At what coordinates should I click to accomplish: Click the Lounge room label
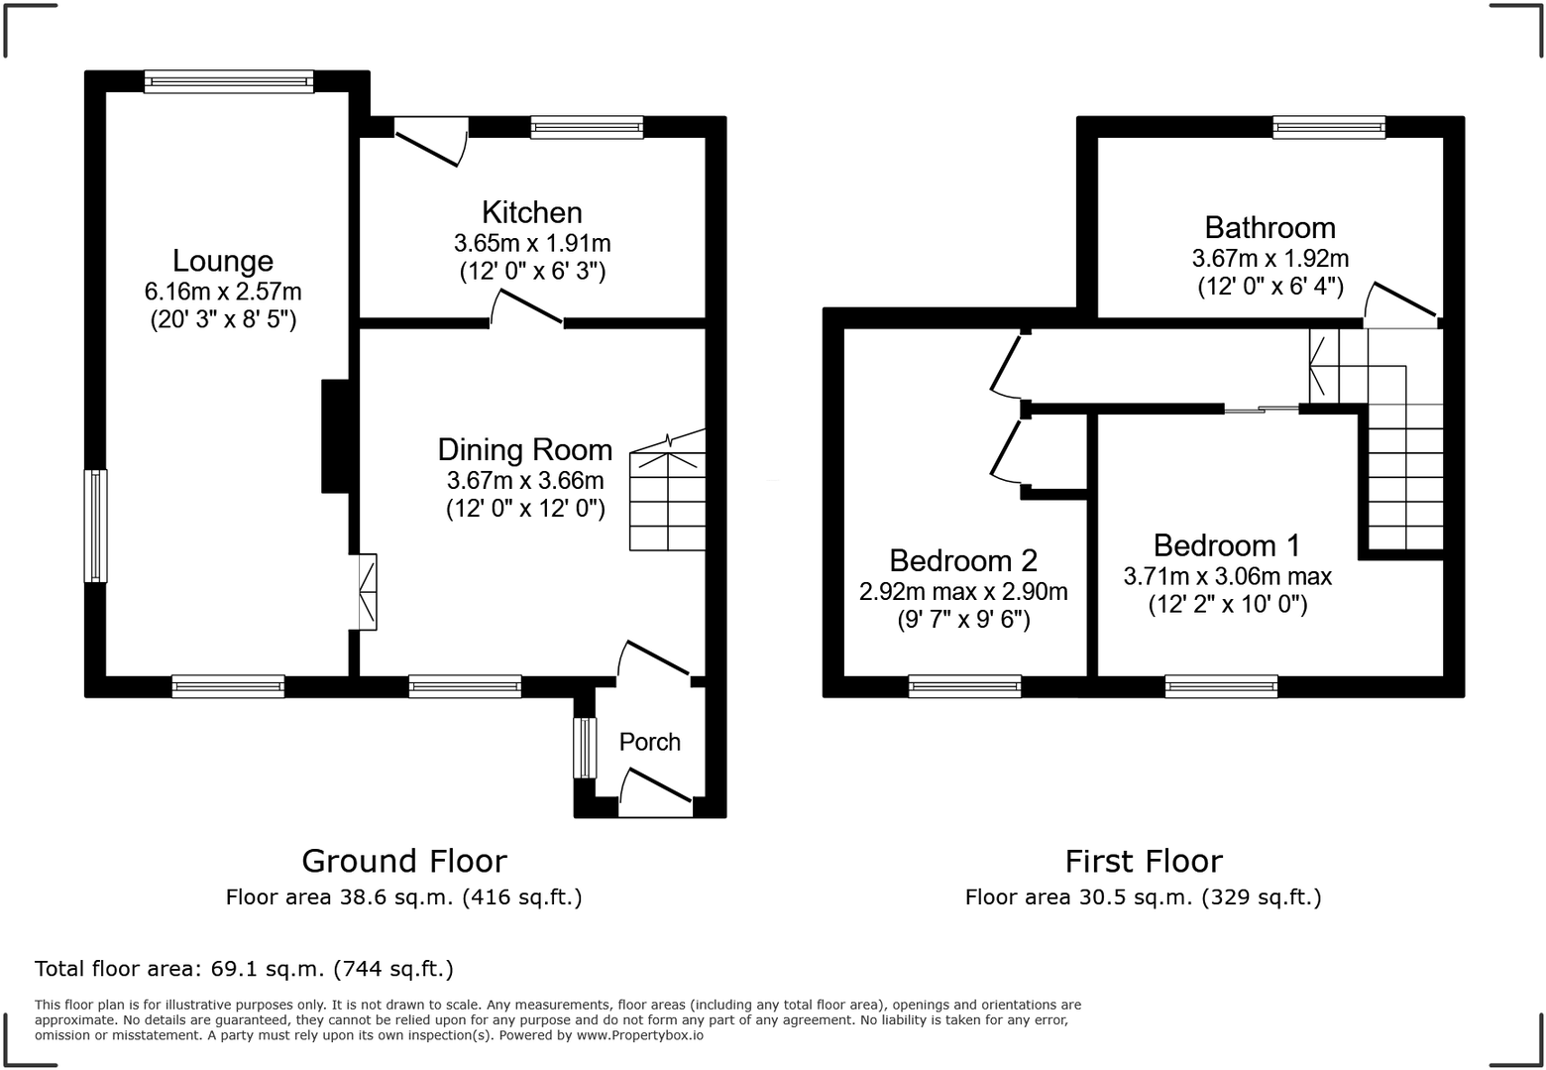point(223,261)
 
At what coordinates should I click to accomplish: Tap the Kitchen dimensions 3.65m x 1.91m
point(532,243)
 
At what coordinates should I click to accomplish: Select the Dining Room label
point(525,449)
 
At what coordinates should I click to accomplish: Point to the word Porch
point(649,742)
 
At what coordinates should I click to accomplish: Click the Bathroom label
point(1270,227)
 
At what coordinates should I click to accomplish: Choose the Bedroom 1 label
point(1227,545)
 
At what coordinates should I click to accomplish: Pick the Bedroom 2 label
point(963,560)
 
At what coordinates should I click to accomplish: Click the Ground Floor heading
point(404,861)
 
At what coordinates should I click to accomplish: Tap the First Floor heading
point(1144,862)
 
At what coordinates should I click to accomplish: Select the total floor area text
point(245,969)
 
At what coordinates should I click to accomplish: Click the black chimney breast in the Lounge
point(335,436)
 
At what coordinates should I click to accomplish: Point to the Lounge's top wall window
point(229,81)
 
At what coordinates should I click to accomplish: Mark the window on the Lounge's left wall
point(96,526)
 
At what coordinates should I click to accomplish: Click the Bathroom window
point(1329,127)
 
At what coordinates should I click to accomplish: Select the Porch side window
point(585,748)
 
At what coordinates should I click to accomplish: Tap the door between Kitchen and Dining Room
point(526,307)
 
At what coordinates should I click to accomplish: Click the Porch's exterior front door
point(656,787)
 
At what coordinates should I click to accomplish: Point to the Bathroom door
point(1401,305)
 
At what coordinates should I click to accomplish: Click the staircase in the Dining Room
point(667,491)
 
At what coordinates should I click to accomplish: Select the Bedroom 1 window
point(1222,686)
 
